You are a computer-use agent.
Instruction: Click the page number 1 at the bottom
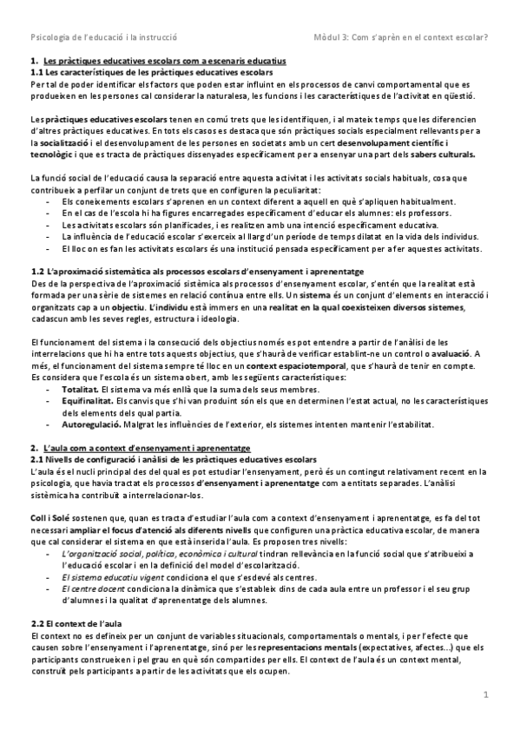pos(487,694)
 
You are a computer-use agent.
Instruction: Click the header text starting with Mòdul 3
pos(400,38)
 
